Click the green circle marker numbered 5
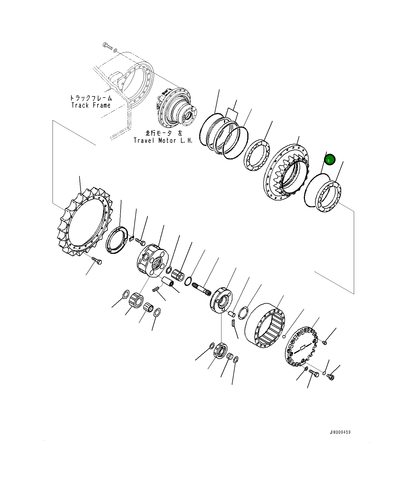[x=330, y=160]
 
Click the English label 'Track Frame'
[x=91, y=105]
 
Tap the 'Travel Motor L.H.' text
[x=163, y=140]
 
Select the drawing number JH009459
[x=340, y=432]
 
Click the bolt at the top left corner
[x=107, y=46]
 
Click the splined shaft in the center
[x=201, y=290]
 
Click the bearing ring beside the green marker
[x=328, y=197]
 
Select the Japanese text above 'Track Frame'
[x=91, y=98]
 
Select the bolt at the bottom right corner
[x=330, y=376]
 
